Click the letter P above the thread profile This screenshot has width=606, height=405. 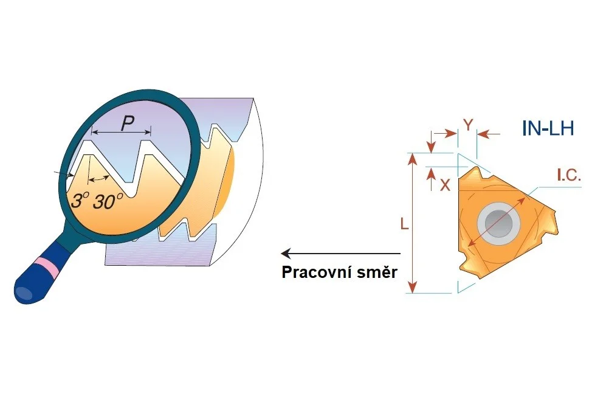tap(127, 123)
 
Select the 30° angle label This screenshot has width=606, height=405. tap(108, 201)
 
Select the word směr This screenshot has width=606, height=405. tap(376, 272)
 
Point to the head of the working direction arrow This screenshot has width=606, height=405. tap(285, 254)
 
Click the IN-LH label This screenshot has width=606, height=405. tap(548, 128)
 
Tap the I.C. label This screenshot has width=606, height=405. tap(569, 176)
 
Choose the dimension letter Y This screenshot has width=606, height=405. tap(468, 125)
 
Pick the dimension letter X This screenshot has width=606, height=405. tap(445, 185)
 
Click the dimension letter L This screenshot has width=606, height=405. tap(404, 224)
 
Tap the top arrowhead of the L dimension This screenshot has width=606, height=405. tap(413, 158)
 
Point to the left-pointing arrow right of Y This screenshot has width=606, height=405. tap(489, 134)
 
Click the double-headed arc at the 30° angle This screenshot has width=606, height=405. tap(98, 178)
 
